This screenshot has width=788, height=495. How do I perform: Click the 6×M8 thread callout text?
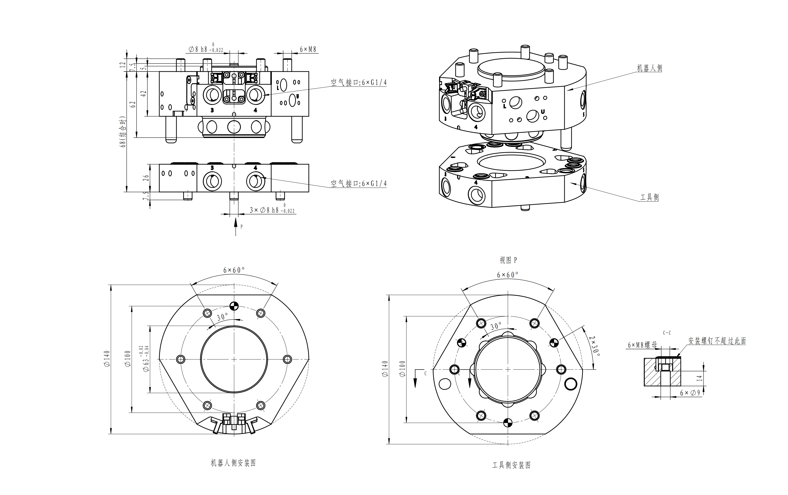[308, 49]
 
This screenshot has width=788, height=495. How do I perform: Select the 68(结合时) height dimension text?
[122, 132]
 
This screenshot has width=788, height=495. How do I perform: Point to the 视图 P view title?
[508, 260]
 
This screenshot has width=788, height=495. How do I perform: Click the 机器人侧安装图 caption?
[233, 463]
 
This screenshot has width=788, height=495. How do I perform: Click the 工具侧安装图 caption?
[511, 465]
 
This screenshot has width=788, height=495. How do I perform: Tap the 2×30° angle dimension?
[594, 346]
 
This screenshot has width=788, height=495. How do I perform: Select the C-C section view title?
[667, 333]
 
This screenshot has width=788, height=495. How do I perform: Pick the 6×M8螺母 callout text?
[642, 345]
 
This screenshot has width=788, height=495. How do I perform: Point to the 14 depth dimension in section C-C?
[699, 378]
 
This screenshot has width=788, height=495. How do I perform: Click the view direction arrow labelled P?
[236, 227]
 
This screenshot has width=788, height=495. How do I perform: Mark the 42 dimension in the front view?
[143, 94]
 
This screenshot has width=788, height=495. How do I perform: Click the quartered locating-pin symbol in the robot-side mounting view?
[234, 306]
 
